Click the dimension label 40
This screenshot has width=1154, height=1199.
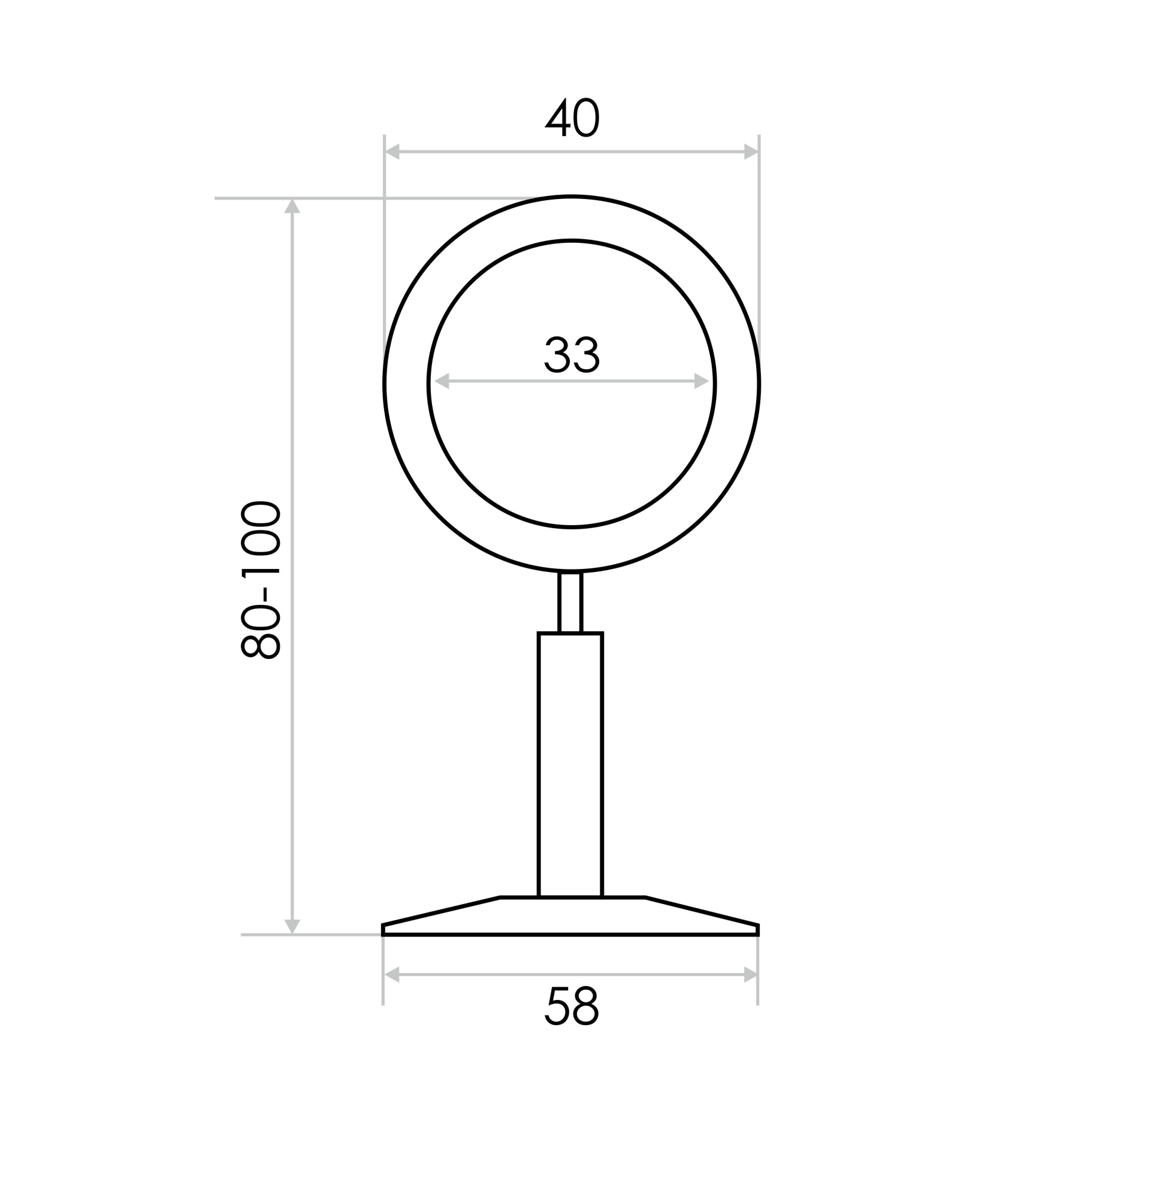[x=571, y=117]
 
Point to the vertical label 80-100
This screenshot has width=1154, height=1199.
[x=261, y=579]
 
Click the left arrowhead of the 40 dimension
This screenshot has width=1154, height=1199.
[x=392, y=152]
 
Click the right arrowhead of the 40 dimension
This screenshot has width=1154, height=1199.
[x=750, y=152]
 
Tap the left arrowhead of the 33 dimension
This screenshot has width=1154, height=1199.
[x=442, y=381]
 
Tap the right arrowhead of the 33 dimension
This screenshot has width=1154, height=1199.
[x=701, y=381]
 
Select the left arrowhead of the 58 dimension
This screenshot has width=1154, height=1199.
[x=391, y=975]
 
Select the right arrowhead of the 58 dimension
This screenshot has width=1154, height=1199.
[x=750, y=975]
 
